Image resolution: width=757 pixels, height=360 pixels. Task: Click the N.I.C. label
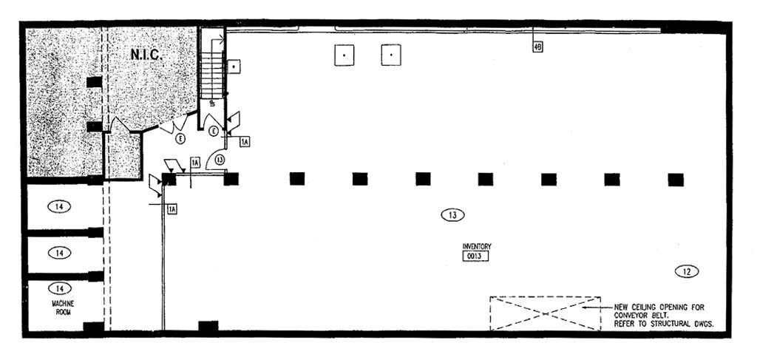click(146, 55)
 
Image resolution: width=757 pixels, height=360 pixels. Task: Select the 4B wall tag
click(537, 47)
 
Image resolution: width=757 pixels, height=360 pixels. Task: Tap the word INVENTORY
click(477, 246)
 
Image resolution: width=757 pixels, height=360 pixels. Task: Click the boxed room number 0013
click(477, 257)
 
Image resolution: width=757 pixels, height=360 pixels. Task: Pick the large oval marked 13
click(452, 215)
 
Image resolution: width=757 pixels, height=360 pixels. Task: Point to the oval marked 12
click(687, 271)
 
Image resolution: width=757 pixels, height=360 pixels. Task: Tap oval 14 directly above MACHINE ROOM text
click(60, 288)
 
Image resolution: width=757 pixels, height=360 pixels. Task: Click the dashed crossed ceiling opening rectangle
click(545, 313)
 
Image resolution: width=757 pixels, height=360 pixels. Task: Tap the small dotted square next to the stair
click(234, 67)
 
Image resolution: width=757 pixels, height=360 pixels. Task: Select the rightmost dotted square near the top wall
click(391, 55)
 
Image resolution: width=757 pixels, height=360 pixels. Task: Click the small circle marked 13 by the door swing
click(220, 159)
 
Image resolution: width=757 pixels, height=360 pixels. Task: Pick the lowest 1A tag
click(172, 209)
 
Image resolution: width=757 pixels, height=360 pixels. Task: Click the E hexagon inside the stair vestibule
click(213, 131)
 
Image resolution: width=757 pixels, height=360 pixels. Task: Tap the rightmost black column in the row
click(675, 179)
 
